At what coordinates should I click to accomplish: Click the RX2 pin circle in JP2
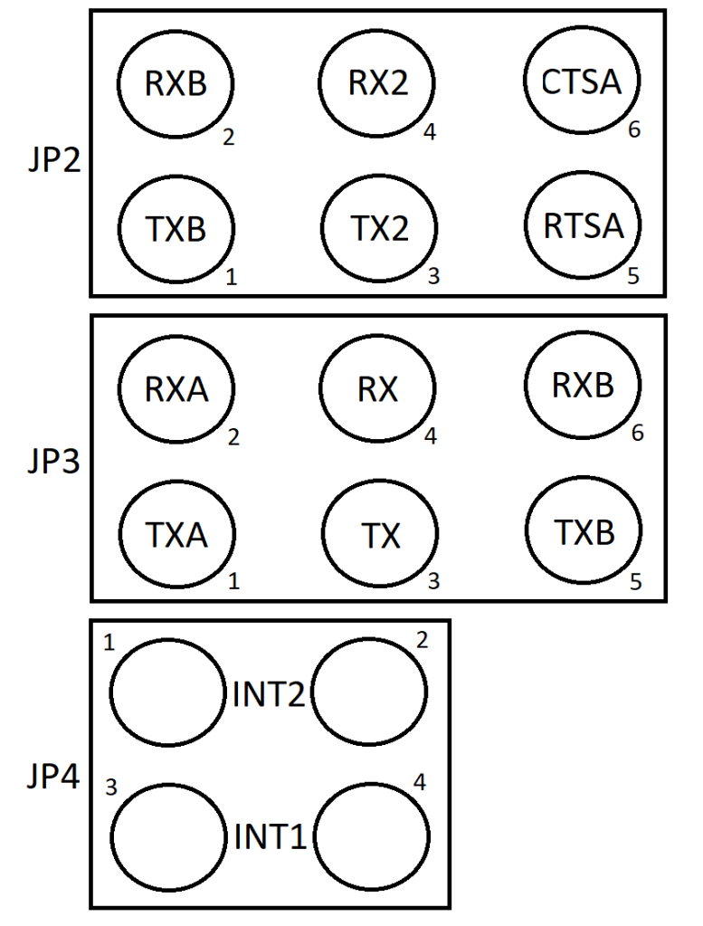(x=379, y=82)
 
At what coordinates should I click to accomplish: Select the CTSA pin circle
(x=583, y=82)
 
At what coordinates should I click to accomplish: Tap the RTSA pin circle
(x=583, y=225)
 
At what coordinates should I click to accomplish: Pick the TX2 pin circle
(x=379, y=228)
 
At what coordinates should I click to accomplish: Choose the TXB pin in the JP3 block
(x=583, y=532)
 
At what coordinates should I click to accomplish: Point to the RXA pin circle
(x=176, y=389)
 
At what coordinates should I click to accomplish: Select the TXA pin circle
(x=176, y=535)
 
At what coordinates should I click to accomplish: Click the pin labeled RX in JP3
(x=379, y=389)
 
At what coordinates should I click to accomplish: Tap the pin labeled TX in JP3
(x=379, y=535)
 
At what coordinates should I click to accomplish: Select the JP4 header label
(x=54, y=776)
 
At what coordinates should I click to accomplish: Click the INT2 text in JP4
(x=269, y=695)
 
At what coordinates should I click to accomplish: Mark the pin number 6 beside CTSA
(x=634, y=129)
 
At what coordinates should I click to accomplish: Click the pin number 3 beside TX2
(x=433, y=276)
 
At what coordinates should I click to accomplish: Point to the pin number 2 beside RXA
(x=233, y=437)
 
